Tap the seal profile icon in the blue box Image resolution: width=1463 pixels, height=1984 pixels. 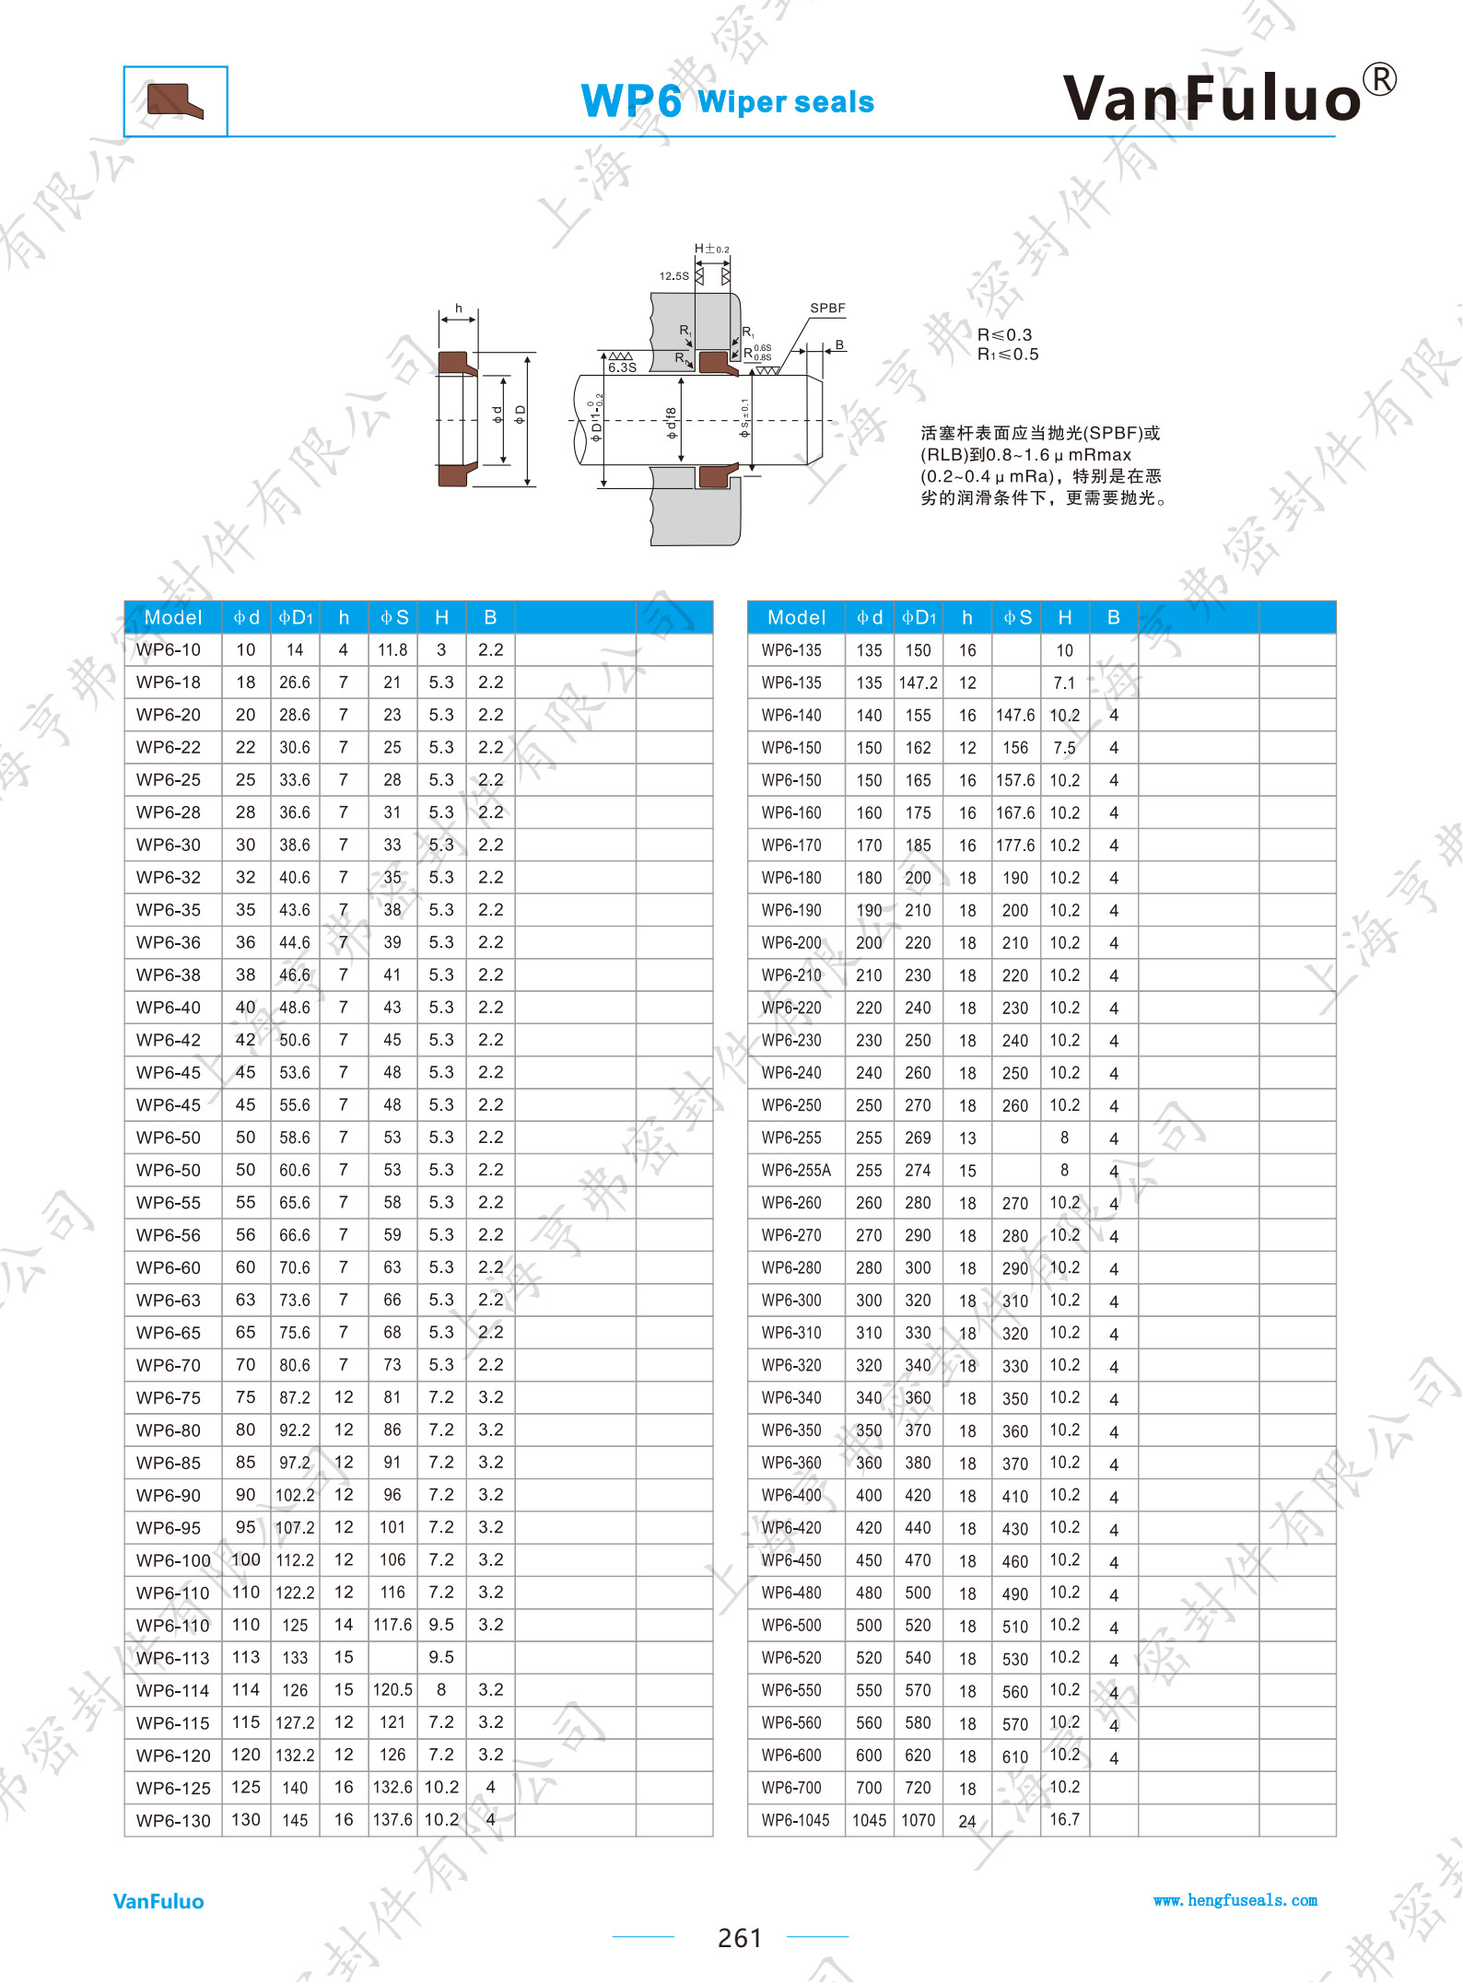click(x=175, y=101)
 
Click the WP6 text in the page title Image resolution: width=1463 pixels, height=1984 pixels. click(x=631, y=101)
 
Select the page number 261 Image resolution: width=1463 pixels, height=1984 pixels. click(x=740, y=1938)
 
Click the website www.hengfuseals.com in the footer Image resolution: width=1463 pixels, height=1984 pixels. click(x=1235, y=1900)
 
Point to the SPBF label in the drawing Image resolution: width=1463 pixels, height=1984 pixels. click(x=827, y=308)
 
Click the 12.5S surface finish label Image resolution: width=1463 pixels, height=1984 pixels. click(x=673, y=275)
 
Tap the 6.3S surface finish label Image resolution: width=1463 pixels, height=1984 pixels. click(x=622, y=368)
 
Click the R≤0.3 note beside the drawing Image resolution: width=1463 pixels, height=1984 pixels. click(x=1004, y=334)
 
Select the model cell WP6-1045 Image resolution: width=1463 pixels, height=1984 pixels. click(x=795, y=1820)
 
